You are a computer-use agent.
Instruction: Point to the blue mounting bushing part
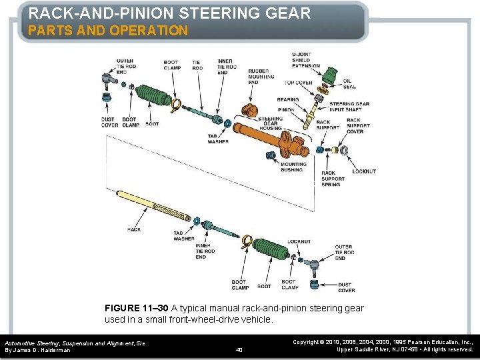coord(271,155)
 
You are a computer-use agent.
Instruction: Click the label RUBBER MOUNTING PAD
coord(261,74)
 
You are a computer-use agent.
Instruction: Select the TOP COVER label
coord(299,83)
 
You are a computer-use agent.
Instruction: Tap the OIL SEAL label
coord(349,84)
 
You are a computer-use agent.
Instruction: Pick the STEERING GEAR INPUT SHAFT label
coord(350,107)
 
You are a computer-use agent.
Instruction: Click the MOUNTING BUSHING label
coord(293,167)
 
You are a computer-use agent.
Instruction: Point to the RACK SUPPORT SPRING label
coord(333,179)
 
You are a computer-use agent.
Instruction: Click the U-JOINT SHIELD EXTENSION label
coord(305,60)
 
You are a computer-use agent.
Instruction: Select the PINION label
coord(286,109)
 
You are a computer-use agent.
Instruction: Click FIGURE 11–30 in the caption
coord(137,308)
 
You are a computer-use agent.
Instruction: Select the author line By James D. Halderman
coord(37,350)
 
